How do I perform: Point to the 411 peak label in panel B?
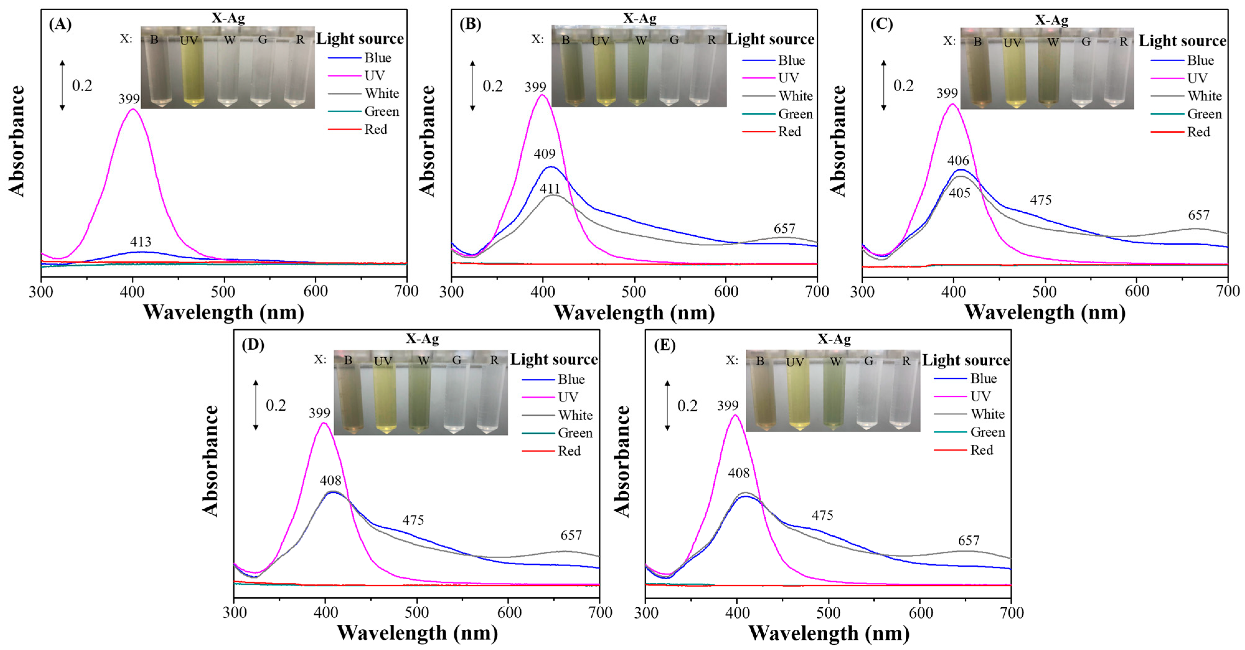550,188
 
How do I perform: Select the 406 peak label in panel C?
958,160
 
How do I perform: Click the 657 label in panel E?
969,540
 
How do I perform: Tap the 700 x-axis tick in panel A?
406,291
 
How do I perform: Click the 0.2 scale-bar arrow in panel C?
884,86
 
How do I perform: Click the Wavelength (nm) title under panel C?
1045,312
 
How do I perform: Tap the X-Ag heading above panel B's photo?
639,18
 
